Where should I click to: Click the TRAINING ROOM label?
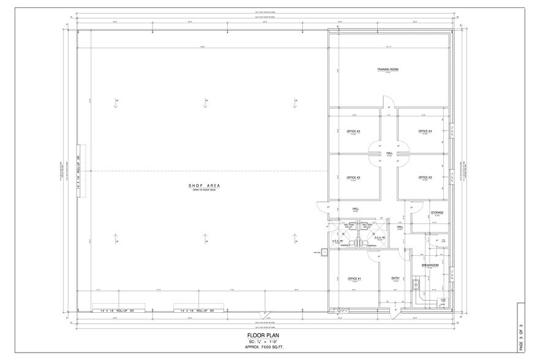(388, 70)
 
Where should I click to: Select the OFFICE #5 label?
(353, 131)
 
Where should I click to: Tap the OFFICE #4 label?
(426, 131)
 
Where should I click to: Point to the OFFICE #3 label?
(353, 178)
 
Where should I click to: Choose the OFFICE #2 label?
(426, 178)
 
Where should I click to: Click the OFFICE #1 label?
(353, 279)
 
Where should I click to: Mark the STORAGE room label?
(437, 212)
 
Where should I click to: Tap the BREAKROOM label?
(430, 265)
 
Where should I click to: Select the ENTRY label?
(396, 279)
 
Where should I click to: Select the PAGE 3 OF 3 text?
(521, 331)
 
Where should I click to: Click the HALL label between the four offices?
(389, 153)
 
